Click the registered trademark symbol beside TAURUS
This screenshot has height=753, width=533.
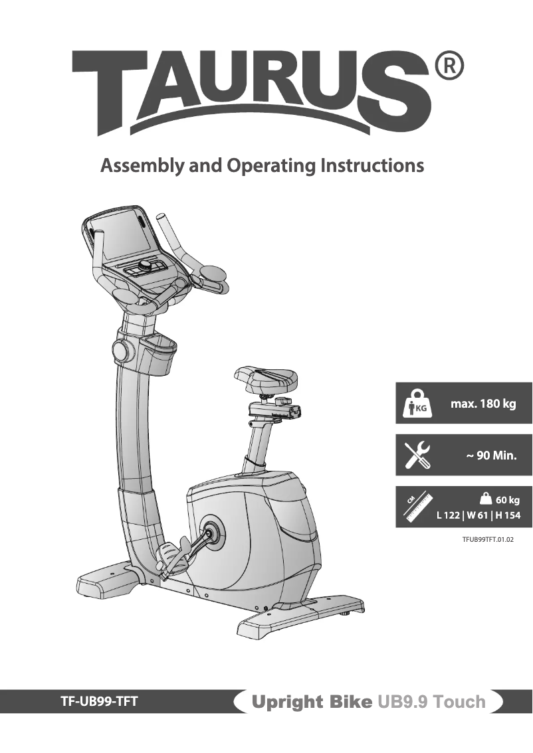coord(448,66)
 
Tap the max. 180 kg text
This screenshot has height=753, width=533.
coord(483,404)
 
